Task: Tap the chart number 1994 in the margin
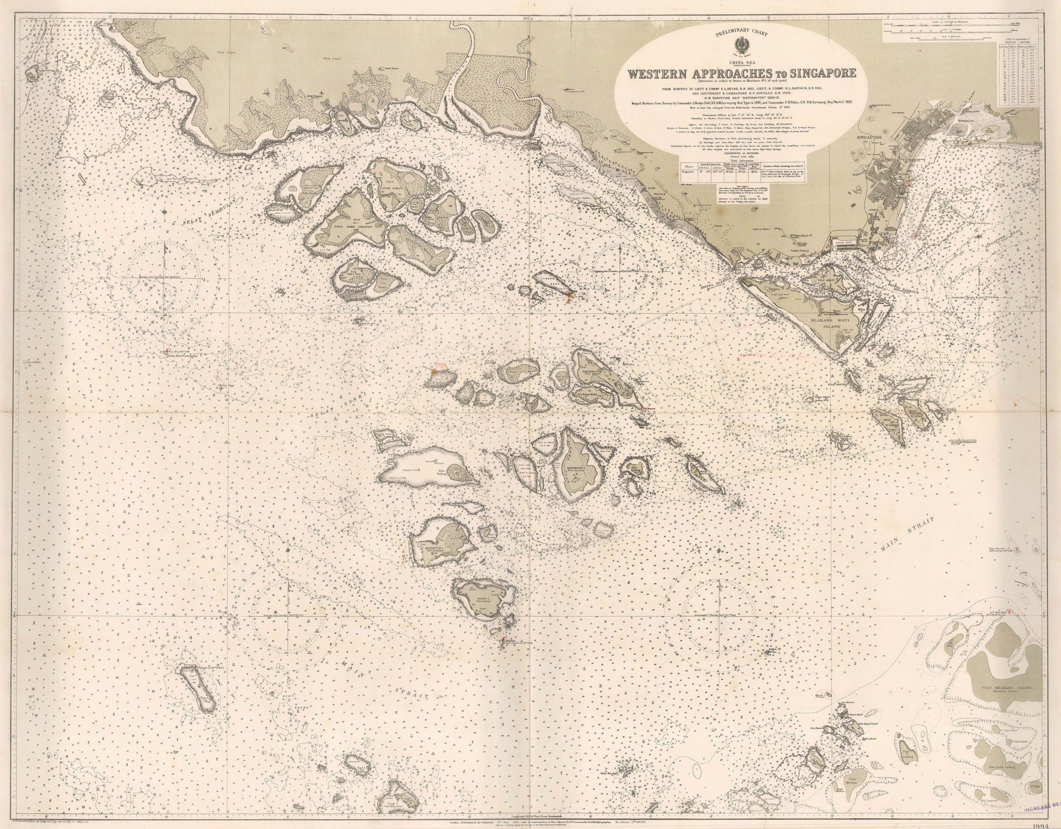(x=1047, y=825)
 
